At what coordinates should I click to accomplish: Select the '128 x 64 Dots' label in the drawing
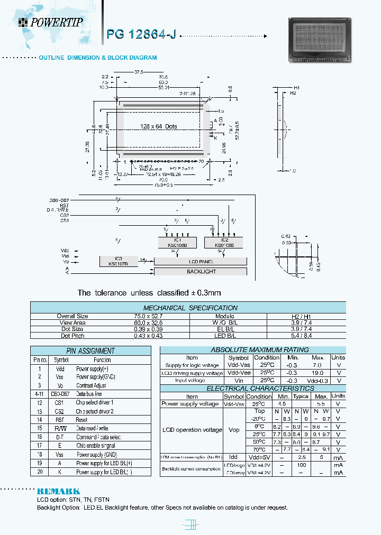159,126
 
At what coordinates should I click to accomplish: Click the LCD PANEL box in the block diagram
201,261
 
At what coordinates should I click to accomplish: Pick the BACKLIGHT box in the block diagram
201,271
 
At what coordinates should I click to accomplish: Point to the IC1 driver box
174,242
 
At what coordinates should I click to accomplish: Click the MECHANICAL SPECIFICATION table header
190,308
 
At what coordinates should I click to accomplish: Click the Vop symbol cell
233,430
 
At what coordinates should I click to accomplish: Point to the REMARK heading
58,491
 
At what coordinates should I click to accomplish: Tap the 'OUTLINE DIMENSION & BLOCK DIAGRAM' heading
97,57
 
